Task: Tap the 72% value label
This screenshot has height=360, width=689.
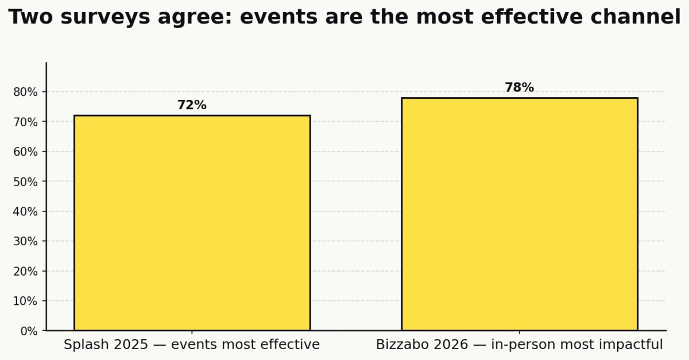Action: (192, 106)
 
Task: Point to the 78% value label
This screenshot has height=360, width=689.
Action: (519, 88)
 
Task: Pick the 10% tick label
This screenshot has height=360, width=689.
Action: (25, 301)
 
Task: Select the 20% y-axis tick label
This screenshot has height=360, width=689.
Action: (25, 271)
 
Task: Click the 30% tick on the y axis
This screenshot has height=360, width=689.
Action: (25, 241)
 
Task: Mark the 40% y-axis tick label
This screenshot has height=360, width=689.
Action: (25, 211)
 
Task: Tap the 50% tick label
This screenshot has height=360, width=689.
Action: (25, 181)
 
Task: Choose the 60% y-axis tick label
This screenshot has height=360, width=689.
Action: (25, 152)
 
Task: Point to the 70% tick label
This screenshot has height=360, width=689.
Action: (25, 122)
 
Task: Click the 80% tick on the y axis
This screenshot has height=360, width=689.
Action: (25, 92)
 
